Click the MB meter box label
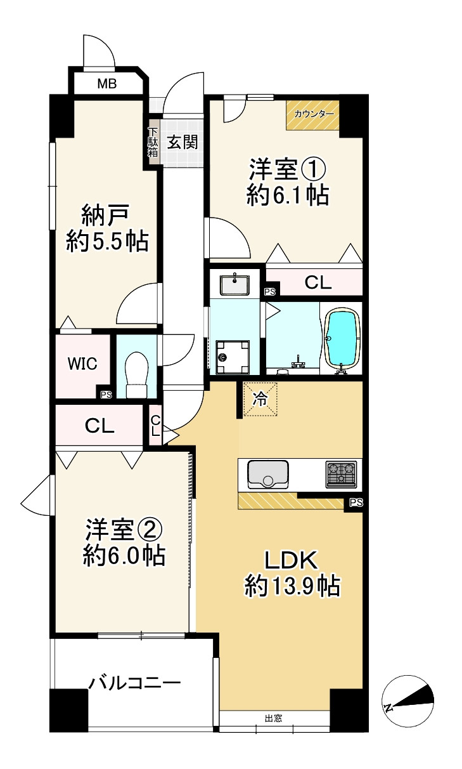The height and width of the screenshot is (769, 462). tap(106, 82)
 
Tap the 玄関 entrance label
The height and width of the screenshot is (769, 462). tap(182, 142)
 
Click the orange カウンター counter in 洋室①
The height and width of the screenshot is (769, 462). tap(312, 115)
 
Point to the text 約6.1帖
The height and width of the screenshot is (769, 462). tap(287, 195)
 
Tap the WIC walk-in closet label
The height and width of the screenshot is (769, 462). tap(82, 364)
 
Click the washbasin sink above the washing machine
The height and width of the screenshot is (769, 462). tap(235, 284)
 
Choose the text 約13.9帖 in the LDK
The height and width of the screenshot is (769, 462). tap(292, 585)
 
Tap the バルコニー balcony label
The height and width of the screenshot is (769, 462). tap(134, 683)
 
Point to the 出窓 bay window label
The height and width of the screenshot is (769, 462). tap(273, 718)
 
